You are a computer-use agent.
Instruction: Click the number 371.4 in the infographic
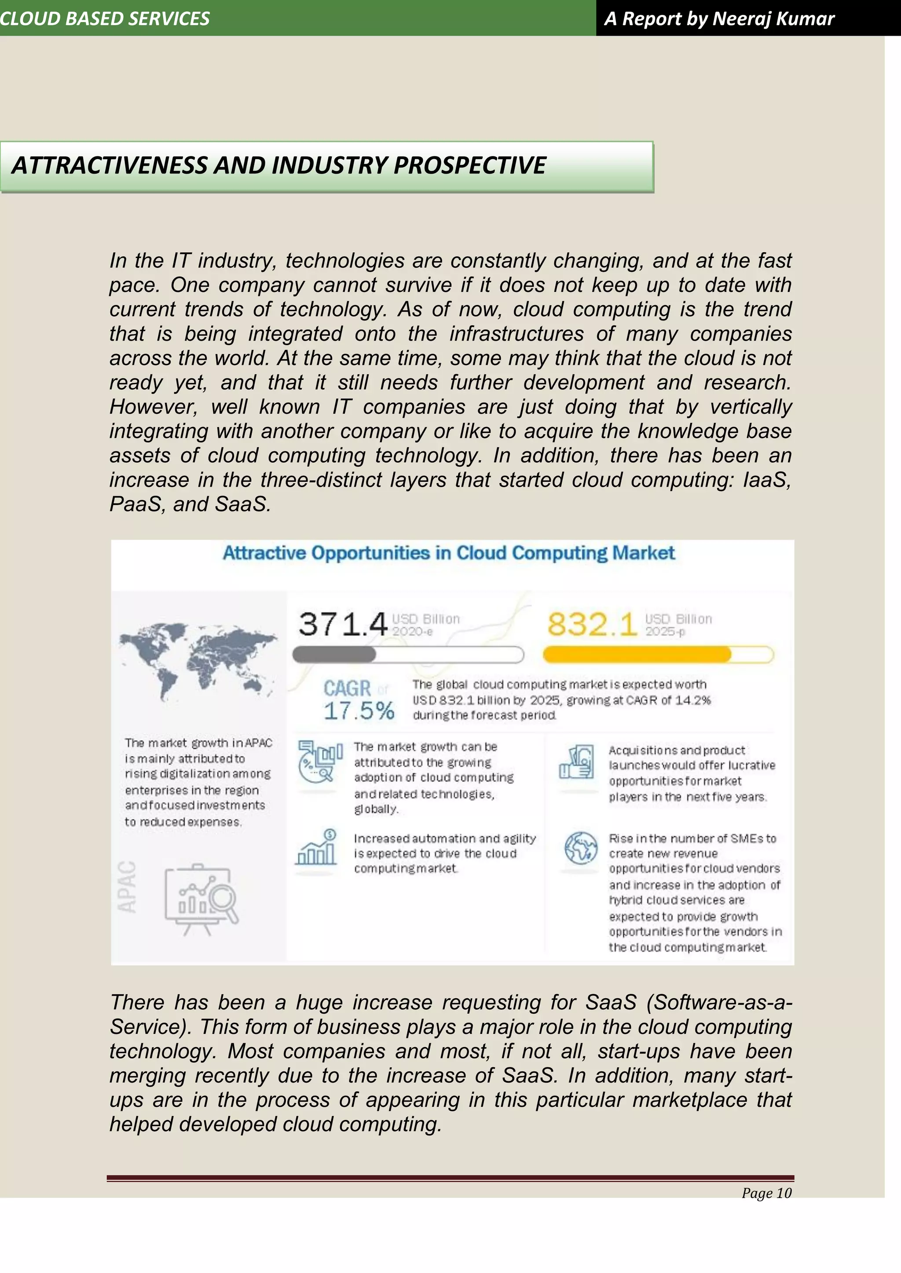(x=342, y=624)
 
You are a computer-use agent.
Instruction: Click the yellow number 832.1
(x=592, y=624)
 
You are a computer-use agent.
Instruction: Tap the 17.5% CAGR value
(x=359, y=711)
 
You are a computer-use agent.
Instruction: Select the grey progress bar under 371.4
(x=407, y=655)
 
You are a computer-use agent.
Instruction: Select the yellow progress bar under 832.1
(x=658, y=655)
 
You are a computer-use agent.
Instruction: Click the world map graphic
(x=198, y=659)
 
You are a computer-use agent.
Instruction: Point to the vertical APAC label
(x=128, y=887)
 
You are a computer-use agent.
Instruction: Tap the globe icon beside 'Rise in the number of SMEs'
(x=580, y=848)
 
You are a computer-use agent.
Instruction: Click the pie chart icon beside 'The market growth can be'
(x=319, y=761)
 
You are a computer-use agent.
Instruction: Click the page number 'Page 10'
(x=766, y=1193)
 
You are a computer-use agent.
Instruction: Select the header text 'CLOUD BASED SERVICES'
(x=104, y=18)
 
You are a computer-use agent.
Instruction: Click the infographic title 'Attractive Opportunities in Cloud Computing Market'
(x=448, y=553)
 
